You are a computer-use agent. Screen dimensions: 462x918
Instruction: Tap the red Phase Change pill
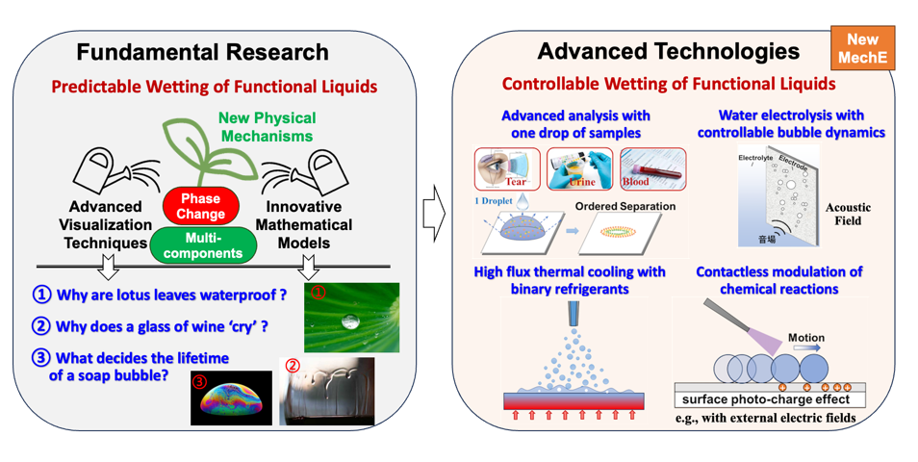[x=201, y=206]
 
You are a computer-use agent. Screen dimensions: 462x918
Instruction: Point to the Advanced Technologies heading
[x=668, y=51]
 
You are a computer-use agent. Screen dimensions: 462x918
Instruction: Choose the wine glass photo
[x=327, y=390]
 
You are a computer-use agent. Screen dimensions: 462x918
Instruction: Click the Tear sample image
[x=507, y=167]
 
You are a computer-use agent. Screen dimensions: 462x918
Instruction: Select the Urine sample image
[x=578, y=167]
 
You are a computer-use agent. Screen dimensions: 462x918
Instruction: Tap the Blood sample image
[x=652, y=167]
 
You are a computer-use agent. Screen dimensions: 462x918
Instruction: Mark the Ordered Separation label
[x=625, y=206]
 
